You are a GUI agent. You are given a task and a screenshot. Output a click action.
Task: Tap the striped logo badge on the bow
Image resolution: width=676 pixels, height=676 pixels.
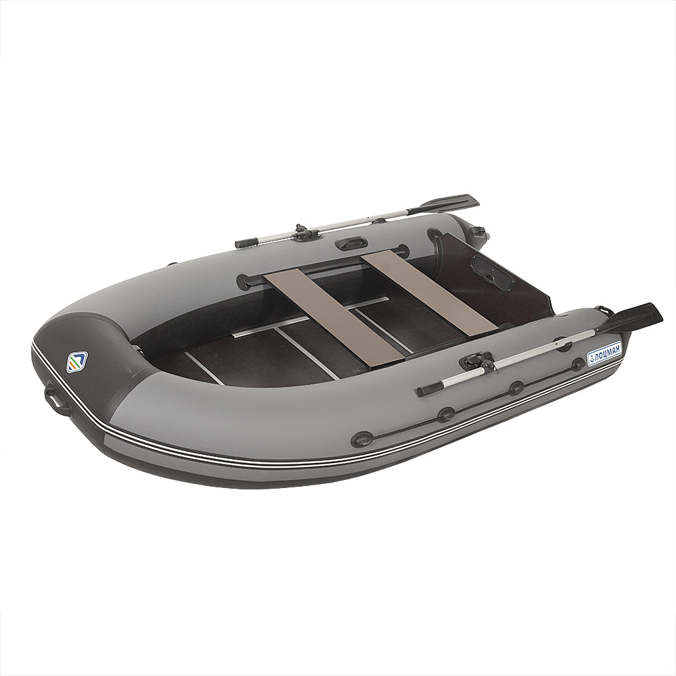(x=76, y=362)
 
